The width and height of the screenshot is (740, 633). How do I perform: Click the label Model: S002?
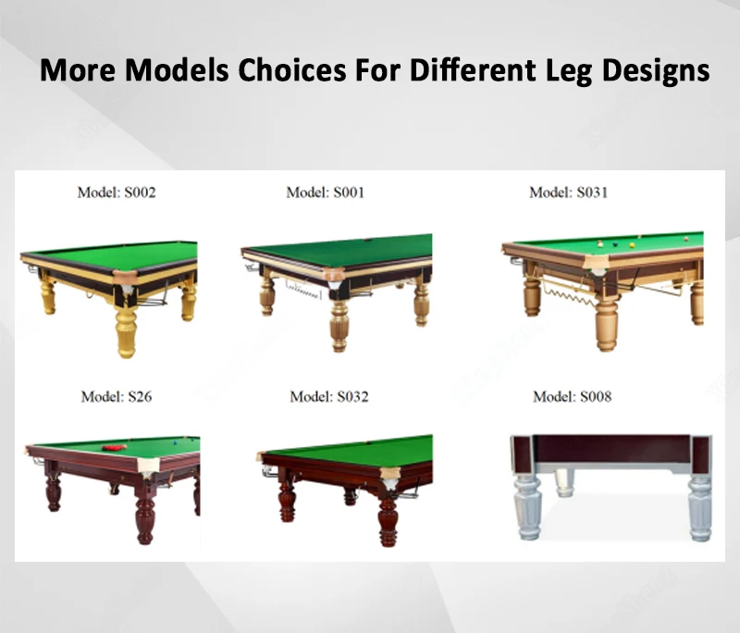(117, 193)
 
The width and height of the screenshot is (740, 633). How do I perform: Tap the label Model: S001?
(325, 192)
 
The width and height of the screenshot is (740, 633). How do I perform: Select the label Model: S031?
(568, 192)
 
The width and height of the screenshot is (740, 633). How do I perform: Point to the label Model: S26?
(117, 397)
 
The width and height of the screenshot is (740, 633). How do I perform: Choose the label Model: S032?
(328, 397)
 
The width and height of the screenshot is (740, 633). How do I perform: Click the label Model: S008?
(572, 397)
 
